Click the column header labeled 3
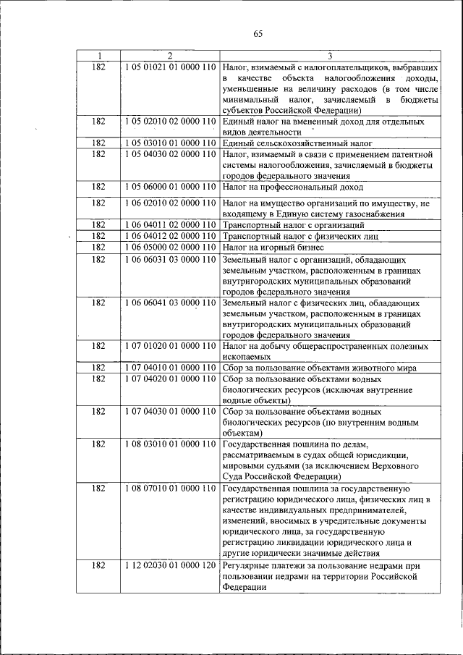click(330, 56)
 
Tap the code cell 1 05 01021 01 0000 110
click(170, 67)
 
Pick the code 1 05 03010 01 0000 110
click(170, 145)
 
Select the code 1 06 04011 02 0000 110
click(170, 225)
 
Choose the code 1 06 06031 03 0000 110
click(170, 258)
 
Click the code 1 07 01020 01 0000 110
click(170, 346)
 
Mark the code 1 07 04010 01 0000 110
click(170, 368)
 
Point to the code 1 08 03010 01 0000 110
click(170, 444)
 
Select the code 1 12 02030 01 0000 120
click(170, 565)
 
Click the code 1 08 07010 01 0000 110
click(170, 489)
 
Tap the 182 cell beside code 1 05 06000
click(98, 187)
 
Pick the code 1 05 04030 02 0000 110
click(170, 155)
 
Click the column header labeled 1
click(98, 56)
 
